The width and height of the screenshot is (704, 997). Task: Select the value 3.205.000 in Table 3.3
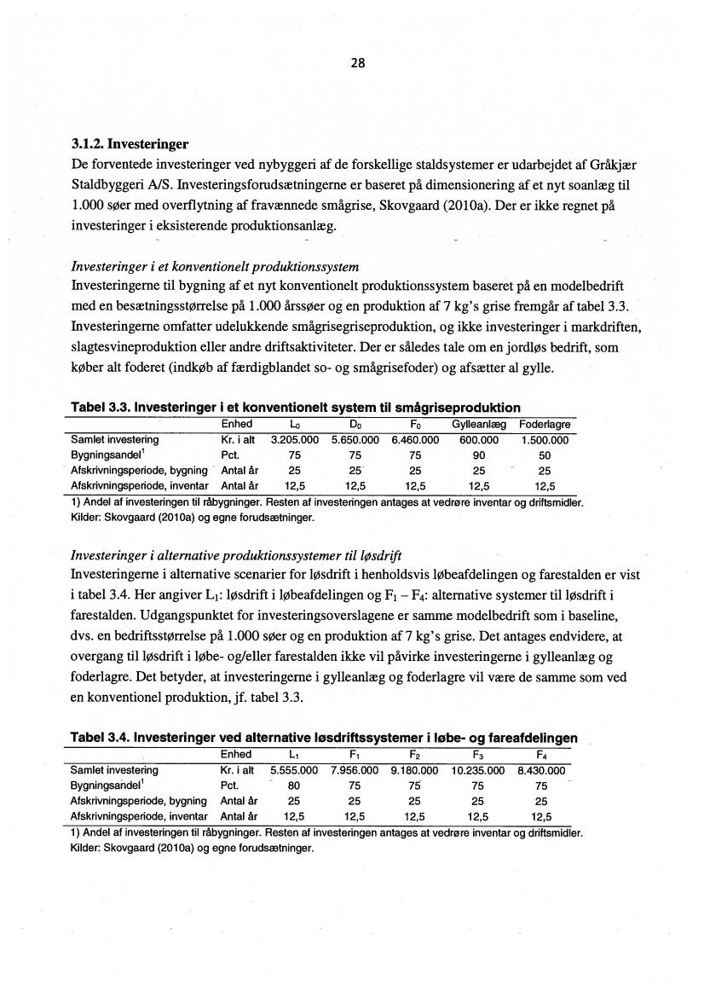pyautogui.click(x=294, y=440)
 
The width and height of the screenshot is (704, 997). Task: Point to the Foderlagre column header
pyautogui.click(x=545, y=425)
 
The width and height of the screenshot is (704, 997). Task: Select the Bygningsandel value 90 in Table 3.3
pyautogui.click(x=479, y=455)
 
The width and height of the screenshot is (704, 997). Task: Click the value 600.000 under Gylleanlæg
pyautogui.click(x=479, y=440)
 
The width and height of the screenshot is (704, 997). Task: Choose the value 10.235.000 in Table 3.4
pyautogui.click(x=479, y=770)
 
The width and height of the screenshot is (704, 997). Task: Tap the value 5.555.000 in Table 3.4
pyautogui.click(x=294, y=770)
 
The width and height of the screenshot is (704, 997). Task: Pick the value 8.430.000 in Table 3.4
pyautogui.click(x=541, y=770)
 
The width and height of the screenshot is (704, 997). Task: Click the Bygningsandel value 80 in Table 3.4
pyautogui.click(x=294, y=785)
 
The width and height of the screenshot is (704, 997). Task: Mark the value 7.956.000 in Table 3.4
pyautogui.click(x=355, y=770)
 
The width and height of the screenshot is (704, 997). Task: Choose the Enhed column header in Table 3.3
pyautogui.click(x=236, y=425)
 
